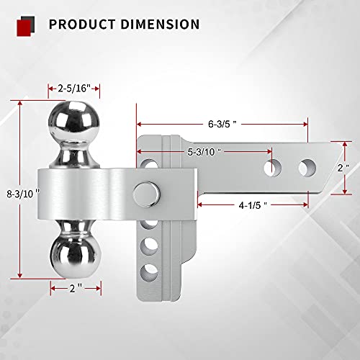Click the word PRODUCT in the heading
click(81, 24)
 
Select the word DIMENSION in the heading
click(158, 24)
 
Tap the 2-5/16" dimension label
click(70, 88)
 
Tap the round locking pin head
click(145, 194)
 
